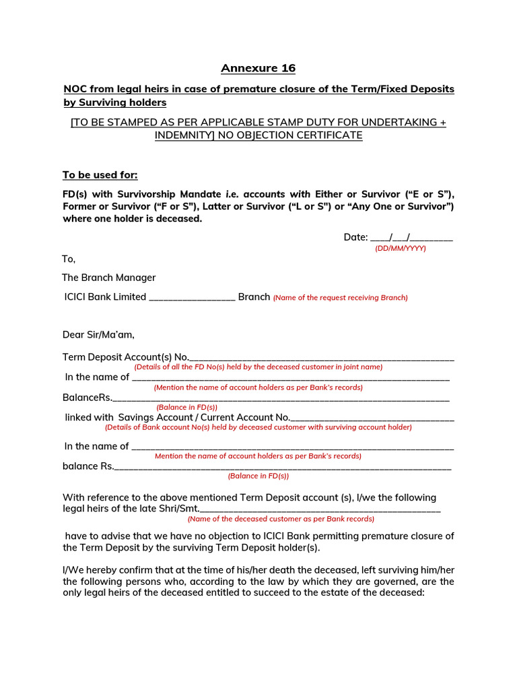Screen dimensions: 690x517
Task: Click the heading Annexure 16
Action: tap(258, 68)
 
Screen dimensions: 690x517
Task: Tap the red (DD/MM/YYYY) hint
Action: tap(401, 248)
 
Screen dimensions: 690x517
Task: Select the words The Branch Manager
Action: tap(109, 278)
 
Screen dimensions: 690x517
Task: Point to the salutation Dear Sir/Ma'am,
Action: tap(99, 335)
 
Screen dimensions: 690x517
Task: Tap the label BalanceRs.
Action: tap(88, 398)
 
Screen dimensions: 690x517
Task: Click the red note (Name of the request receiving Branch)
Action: tap(340, 298)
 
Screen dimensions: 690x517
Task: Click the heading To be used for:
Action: tap(100, 175)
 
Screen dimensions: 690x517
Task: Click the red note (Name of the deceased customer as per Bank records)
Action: tap(281, 519)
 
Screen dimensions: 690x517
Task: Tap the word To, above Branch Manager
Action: tap(69, 259)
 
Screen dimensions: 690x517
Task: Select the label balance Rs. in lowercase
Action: tap(88, 466)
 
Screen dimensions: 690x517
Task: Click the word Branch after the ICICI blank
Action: tap(254, 297)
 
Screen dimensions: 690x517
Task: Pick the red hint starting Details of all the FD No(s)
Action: tap(258, 367)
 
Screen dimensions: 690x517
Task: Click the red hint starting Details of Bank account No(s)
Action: tap(258, 427)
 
